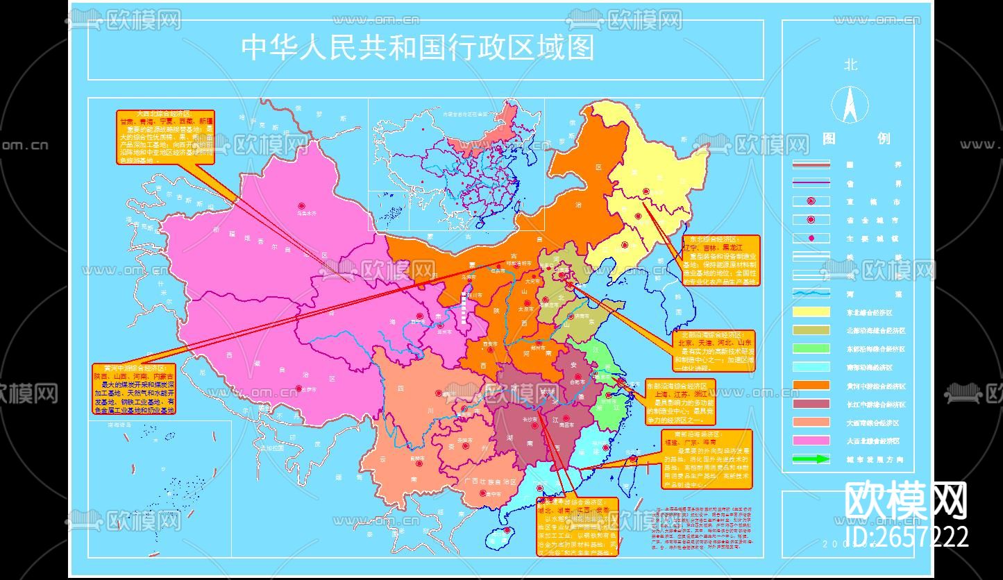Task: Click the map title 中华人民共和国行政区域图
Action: point(418,47)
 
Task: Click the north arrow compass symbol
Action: point(850,105)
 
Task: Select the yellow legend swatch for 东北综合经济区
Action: point(811,312)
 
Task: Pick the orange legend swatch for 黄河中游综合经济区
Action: point(811,385)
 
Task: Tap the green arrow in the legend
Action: point(811,459)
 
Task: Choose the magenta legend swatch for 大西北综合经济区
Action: point(811,440)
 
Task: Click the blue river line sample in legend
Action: point(811,293)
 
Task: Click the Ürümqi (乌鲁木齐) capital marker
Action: point(301,206)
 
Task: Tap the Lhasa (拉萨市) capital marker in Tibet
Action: point(298,389)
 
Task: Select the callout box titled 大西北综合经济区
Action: point(165,137)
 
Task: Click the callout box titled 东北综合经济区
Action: point(720,260)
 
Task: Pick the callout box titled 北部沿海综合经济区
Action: point(714,351)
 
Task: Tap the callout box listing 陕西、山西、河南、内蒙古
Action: point(134,389)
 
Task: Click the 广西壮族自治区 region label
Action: point(490,480)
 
